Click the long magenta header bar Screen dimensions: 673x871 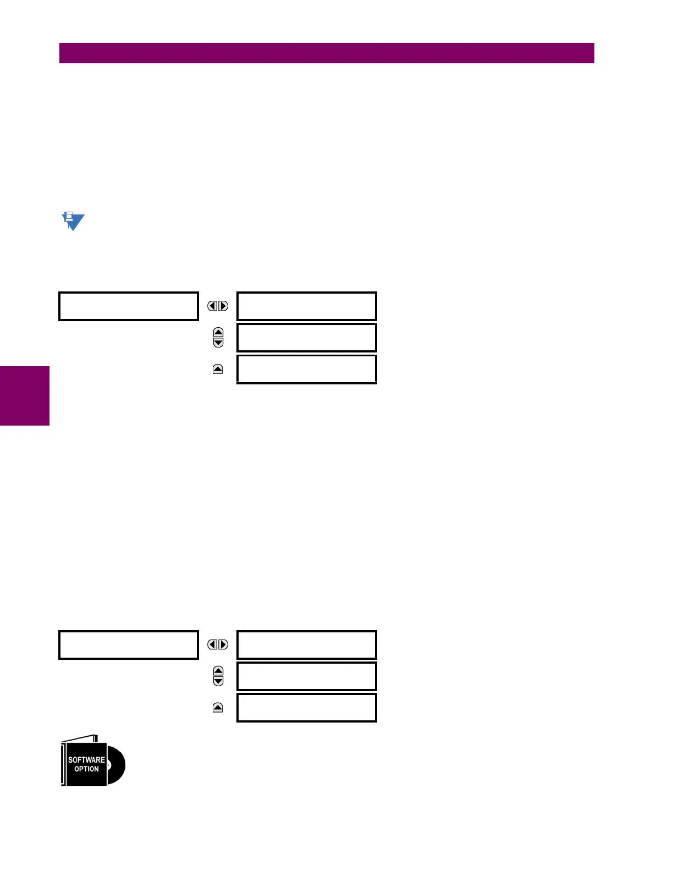pos(327,53)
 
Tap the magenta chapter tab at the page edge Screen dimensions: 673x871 pos(24,395)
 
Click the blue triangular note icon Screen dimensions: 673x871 pos(73,221)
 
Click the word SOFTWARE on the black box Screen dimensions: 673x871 pos(86,759)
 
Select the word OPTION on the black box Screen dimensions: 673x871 pos(86,769)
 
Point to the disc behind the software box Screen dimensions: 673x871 pos(117,765)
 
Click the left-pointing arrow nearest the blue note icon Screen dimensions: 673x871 pos(212,306)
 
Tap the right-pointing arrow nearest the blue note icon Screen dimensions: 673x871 pos(223,306)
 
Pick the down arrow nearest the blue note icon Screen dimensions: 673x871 pos(218,343)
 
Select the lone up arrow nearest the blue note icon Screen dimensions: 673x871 pos(218,369)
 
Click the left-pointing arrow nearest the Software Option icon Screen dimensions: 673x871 pos(212,644)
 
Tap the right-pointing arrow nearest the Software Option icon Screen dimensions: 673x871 pos(223,644)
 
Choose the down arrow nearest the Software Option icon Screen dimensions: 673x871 pos(218,681)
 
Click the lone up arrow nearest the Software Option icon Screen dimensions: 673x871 pos(218,708)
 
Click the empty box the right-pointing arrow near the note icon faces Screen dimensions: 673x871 pos(306,306)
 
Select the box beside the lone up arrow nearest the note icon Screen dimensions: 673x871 pos(306,369)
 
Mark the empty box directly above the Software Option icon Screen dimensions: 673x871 pos(128,645)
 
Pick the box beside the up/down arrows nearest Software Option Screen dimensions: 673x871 pos(306,676)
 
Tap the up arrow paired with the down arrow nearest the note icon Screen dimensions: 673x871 pos(218,333)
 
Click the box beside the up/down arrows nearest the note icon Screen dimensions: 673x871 pos(306,338)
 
